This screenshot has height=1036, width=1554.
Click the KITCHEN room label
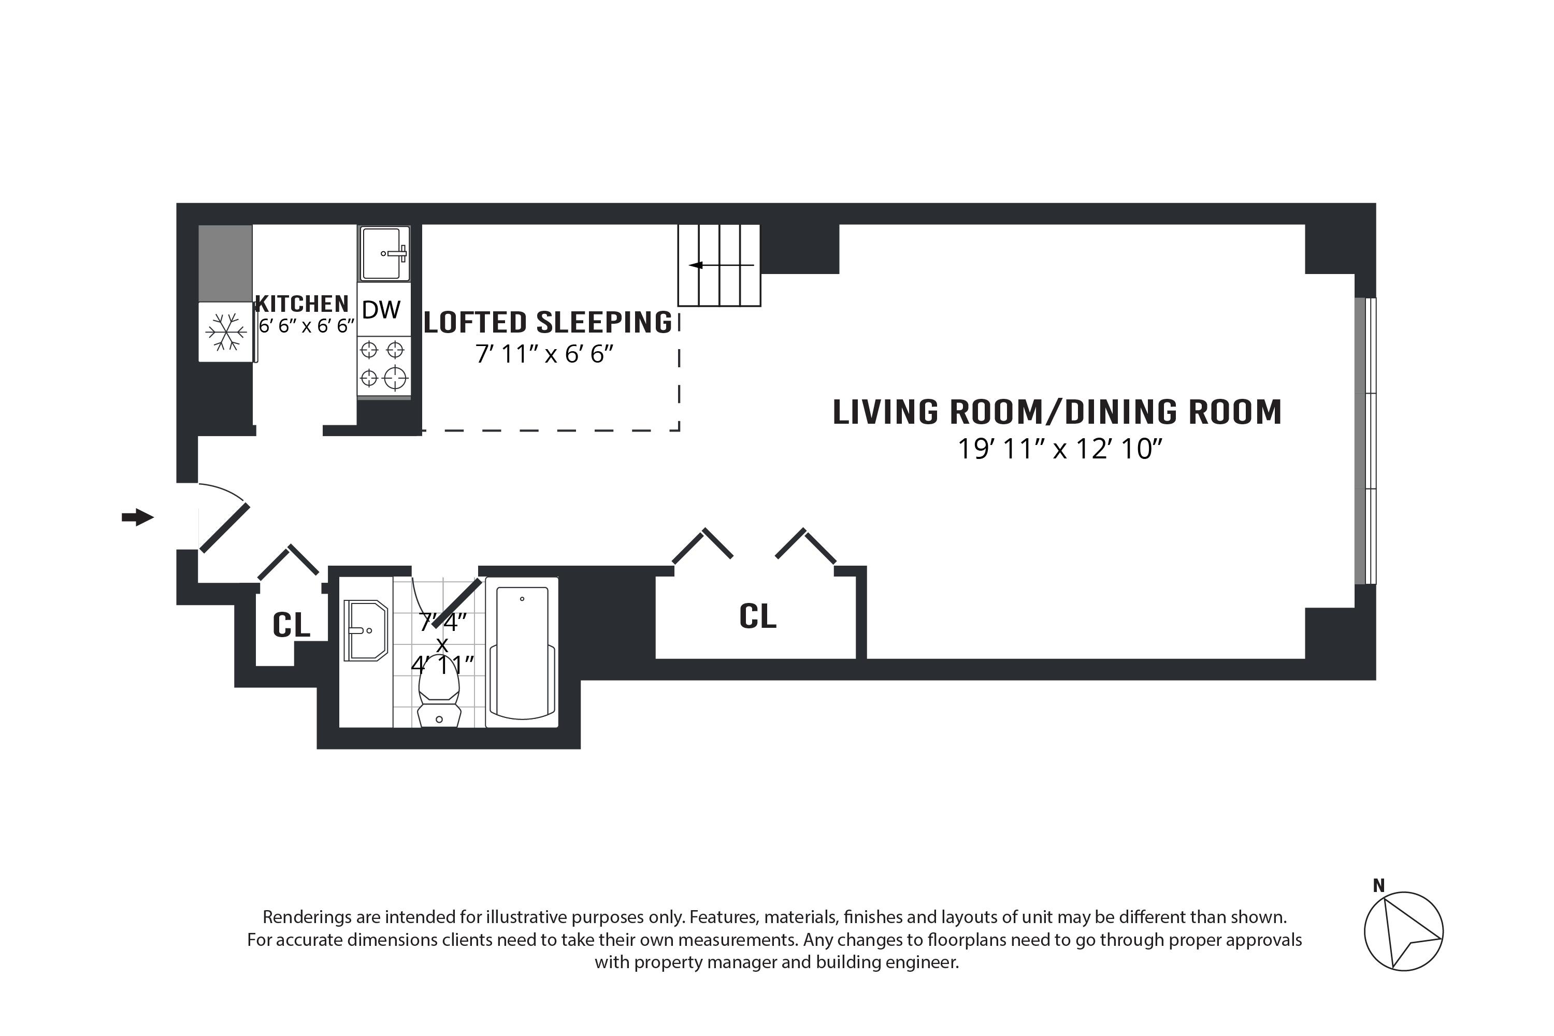tap(302, 304)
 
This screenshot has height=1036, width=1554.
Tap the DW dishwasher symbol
tap(381, 309)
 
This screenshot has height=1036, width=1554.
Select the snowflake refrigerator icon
tap(226, 332)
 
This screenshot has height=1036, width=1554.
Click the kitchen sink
tap(384, 254)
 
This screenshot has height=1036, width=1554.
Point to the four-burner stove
tap(384, 367)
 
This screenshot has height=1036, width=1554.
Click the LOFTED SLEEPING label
tap(548, 322)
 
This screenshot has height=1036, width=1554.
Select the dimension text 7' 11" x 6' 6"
tap(544, 354)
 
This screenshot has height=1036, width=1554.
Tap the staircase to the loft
tap(720, 265)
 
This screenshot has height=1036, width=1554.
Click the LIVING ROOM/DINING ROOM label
tap(1057, 412)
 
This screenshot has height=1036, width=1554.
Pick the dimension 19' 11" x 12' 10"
tap(1060, 449)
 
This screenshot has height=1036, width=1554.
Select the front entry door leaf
tap(225, 528)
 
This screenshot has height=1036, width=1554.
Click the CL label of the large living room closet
tap(757, 616)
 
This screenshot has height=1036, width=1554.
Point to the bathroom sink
tap(365, 630)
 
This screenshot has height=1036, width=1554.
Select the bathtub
tap(522, 652)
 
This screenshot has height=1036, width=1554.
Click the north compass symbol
tap(1403, 931)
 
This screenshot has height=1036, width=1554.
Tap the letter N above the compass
tap(1378, 885)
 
